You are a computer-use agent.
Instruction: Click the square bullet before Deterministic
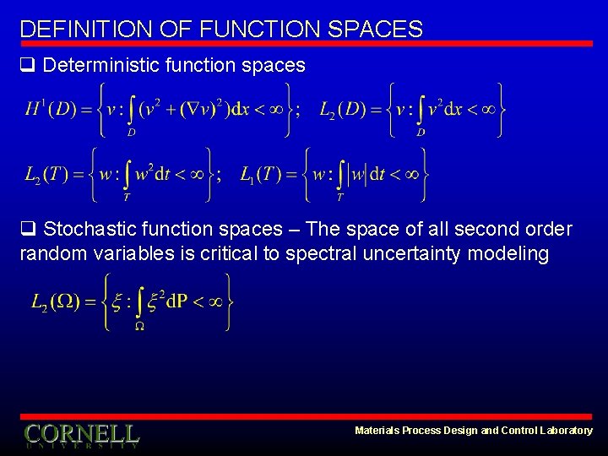pyautogui.click(x=28, y=66)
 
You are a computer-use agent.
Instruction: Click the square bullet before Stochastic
pyautogui.click(x=28, y=230)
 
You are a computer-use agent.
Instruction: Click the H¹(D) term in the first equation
pyautogui.click(x=51, y=108)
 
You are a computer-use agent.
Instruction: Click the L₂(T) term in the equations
pyautogui.click(x=45, y=175)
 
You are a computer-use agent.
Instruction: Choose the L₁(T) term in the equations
pyautogui.click(x=259, y=175)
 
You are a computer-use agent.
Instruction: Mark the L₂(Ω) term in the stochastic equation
pyautogui.click(x=56, y=302)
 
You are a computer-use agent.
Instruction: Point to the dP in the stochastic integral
pyautogui.click(x=176, y=302)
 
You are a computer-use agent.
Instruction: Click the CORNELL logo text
pyautogui.click(x=81, y=435)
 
